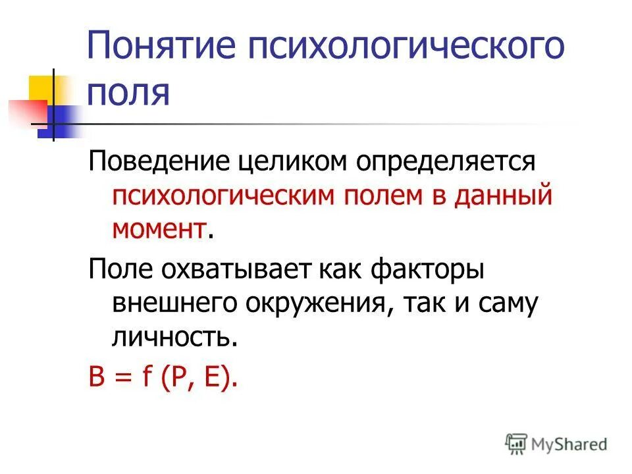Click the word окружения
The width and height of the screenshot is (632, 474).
point(315,303)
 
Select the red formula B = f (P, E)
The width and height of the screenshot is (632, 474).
point(162,378)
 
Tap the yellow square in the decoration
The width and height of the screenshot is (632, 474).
point(42,88)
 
